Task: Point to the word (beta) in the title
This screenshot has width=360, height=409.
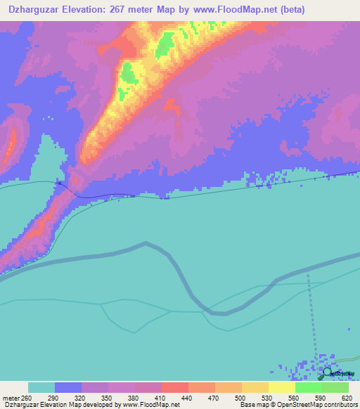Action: point(292,9)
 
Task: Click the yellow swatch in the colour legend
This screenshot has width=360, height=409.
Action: point(281,388)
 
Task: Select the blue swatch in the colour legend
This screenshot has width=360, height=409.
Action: point(68,388)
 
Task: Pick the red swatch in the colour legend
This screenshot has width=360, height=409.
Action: point(175,388)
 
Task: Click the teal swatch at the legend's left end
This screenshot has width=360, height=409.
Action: point(41,388)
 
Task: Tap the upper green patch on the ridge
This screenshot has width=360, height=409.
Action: point(165,44)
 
